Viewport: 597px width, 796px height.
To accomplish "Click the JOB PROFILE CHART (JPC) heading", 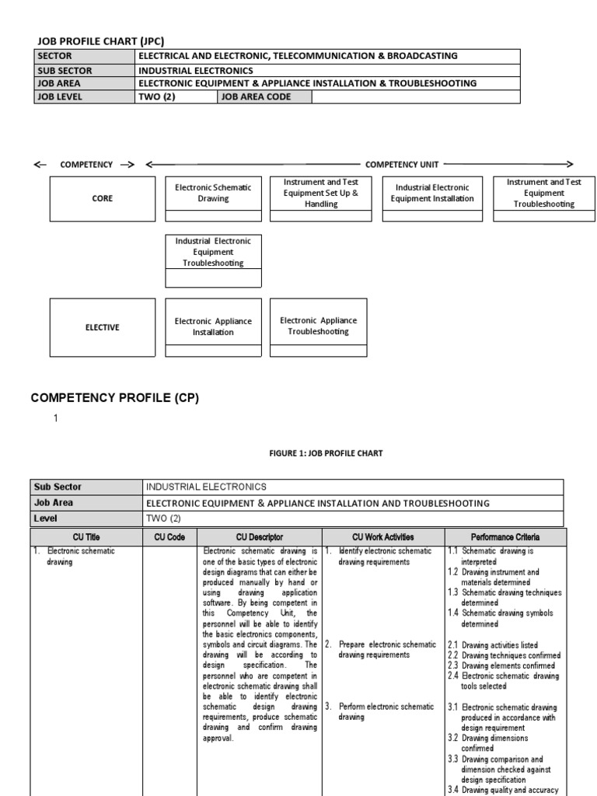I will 101,41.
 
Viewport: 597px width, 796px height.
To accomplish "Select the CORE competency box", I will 102,198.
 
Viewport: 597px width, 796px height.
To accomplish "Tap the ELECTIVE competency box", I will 102,327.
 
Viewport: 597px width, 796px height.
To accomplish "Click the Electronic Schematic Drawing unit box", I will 213,194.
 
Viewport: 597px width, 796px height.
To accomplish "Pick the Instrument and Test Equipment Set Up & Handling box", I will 321,194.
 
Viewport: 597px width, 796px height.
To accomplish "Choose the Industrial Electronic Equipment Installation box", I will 431,194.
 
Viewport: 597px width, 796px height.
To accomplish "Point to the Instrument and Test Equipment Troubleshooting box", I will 543,194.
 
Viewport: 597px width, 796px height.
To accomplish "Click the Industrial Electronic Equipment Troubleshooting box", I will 213,252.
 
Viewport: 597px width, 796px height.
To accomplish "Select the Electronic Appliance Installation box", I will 213,327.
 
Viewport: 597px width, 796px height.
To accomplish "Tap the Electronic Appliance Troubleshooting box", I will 318,326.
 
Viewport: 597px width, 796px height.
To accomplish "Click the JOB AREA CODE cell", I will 257,97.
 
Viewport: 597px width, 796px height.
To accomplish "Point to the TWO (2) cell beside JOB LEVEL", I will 176,97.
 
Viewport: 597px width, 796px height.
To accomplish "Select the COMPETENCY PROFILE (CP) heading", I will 115,398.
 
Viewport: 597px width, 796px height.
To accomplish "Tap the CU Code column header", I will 169,537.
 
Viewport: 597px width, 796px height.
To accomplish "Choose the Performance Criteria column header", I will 505,537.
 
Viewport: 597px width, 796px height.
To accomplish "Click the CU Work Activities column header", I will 382,537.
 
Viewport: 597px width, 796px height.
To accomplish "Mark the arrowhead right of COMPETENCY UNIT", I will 569,164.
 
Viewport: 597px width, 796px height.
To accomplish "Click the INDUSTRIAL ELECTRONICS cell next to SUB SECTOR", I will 195,70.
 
